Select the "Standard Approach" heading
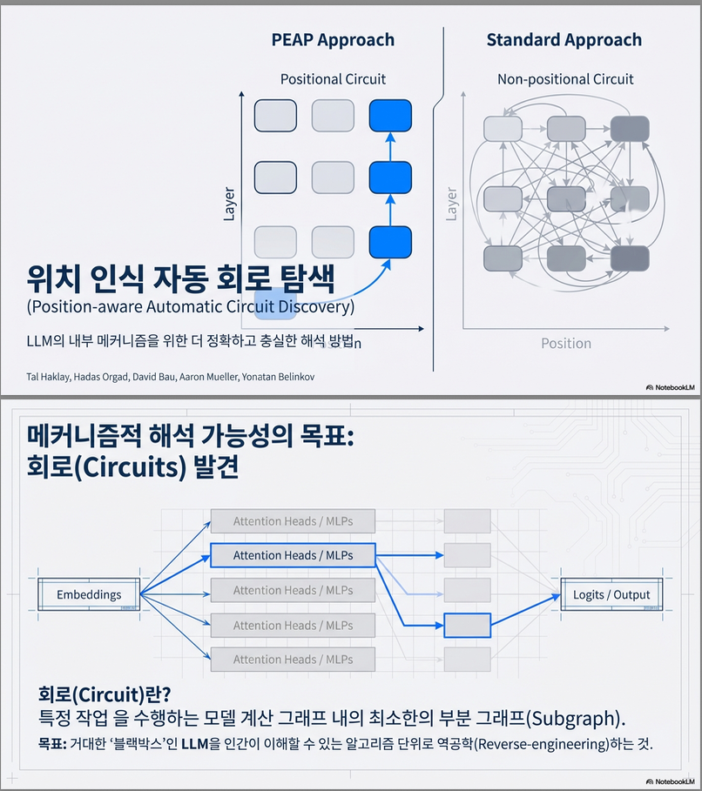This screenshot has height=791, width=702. (564, 40)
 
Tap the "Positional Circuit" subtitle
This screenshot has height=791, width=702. (333, 79)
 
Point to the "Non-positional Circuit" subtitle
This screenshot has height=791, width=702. (565, 79)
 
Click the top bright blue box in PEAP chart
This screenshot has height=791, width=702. (389, 115)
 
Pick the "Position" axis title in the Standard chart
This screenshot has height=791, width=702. (565, 343)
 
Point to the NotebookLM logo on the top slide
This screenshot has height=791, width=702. (669, 387)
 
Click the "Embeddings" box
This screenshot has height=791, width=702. (89, 595)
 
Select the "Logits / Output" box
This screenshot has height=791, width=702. (611, 595)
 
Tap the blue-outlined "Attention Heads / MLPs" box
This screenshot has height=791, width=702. (294, 555)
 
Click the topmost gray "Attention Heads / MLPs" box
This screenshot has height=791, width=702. (294, 522)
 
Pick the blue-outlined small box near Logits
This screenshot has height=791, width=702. (467, 625)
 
